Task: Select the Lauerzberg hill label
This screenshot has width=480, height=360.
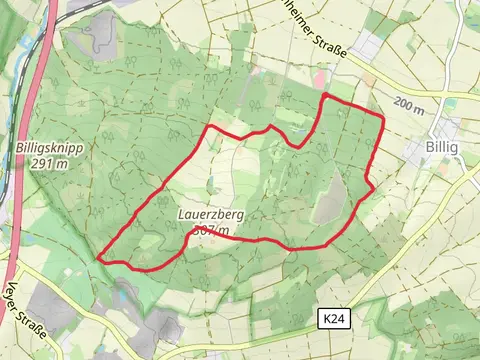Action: (x=211, y=215)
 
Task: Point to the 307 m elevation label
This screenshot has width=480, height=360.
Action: (x=211, y=230)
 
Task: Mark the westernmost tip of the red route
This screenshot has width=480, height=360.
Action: (x=99, y=258)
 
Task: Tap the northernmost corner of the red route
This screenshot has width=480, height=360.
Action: (x=324, y=95)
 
